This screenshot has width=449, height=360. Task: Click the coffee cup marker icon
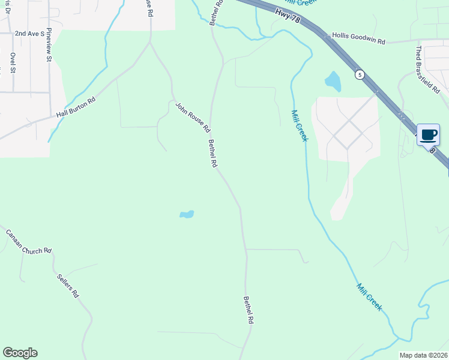pos(428,134)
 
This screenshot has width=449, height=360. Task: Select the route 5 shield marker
pos(359,74)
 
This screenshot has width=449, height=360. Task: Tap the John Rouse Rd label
pos(193,117)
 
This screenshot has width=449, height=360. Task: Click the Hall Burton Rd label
pos(76,107)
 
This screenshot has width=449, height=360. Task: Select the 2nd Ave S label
pos(30,34)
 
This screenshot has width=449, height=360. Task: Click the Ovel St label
pos(13,64)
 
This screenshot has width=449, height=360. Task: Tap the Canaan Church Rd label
pos(29,241)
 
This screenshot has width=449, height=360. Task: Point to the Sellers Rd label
pos(68,286)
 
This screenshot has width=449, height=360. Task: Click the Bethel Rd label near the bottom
pos(248,311)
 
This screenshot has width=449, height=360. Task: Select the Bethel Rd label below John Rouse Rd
pos(212,154)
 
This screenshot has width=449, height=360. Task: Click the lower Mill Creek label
pos(369,296)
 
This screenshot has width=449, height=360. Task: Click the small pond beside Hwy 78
pos(332,81)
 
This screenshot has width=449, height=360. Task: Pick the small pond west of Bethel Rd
pos(187,214)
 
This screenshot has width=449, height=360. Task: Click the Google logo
pos(20,353)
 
